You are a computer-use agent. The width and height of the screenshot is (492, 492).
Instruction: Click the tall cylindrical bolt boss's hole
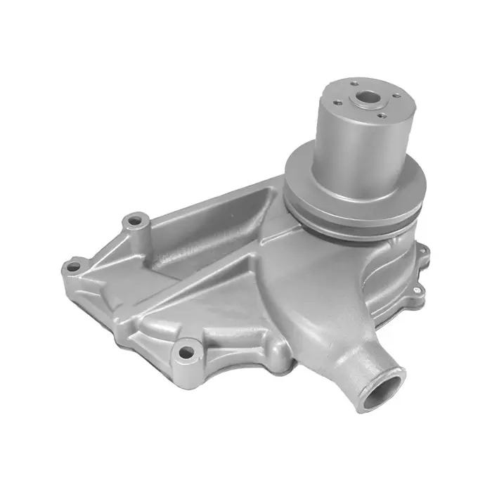tap(135, 221)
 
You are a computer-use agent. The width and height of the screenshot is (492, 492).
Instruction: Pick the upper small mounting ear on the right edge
tap(422, 247)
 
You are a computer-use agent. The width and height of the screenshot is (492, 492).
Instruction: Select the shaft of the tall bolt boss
tap(141, 242)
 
